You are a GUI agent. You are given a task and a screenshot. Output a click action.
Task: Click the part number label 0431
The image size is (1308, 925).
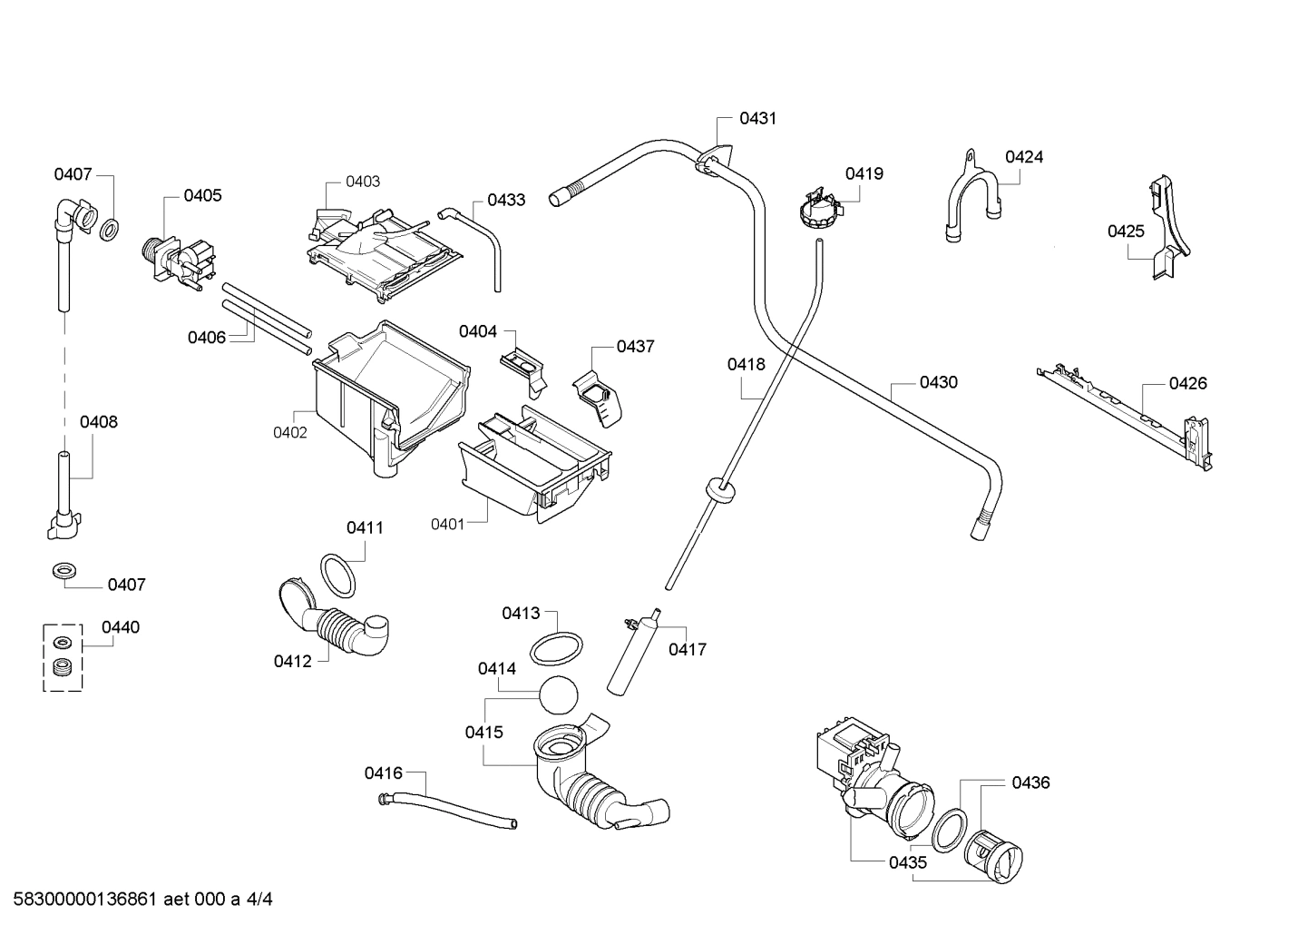[x=757, y=118]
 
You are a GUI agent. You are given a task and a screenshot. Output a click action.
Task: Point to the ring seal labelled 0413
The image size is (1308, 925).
[x=555, y=650]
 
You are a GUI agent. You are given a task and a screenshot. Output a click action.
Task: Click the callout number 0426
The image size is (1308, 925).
[x=1187, y=383]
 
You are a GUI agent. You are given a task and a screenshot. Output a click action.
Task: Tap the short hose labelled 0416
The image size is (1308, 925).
[x=449, y=809]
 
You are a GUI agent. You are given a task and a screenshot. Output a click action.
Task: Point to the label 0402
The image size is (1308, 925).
[x=290, y=432]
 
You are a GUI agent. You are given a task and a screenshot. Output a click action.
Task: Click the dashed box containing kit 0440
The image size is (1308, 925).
[x=63, y=656]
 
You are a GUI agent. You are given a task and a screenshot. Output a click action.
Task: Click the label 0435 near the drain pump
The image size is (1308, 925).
[x=908, y=862]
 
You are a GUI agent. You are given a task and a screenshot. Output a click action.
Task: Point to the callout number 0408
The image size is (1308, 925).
[x=98, y=421]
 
